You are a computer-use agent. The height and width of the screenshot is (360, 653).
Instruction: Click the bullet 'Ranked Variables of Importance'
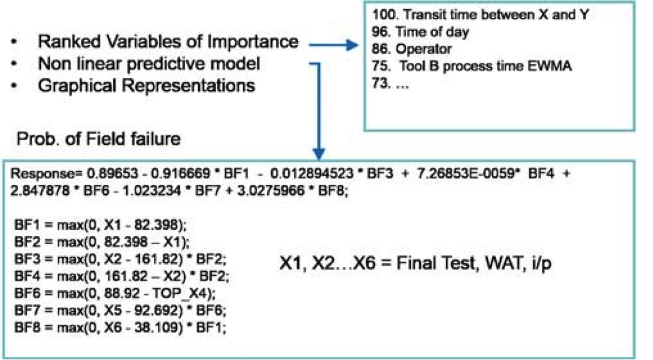coord(168,43)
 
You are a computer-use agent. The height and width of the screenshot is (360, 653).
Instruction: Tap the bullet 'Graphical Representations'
coord(147,84)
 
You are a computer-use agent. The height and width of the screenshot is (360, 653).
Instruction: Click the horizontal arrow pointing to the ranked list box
coord(334,44)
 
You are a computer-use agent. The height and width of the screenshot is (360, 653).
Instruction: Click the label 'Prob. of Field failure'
coord(99,139)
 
